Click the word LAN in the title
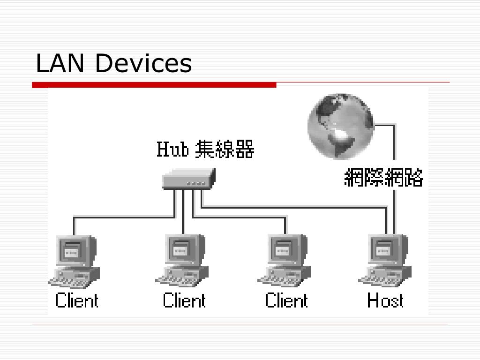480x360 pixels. (60, 63)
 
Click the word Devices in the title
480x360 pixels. (143, 63)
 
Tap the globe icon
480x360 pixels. (341, 126)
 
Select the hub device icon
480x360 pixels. (188, 179)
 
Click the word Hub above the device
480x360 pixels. (172, 150)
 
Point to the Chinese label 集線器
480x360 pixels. (225, 150)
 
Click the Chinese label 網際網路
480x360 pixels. (383, 178)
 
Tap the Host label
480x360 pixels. (385, 300)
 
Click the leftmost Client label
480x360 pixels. (77, 300)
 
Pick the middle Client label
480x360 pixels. (184, 300)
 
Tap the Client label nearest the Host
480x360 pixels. (286, 300)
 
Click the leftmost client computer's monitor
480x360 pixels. (73, 249)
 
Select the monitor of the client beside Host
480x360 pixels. (284, 249)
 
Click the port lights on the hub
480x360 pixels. (195, 183)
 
